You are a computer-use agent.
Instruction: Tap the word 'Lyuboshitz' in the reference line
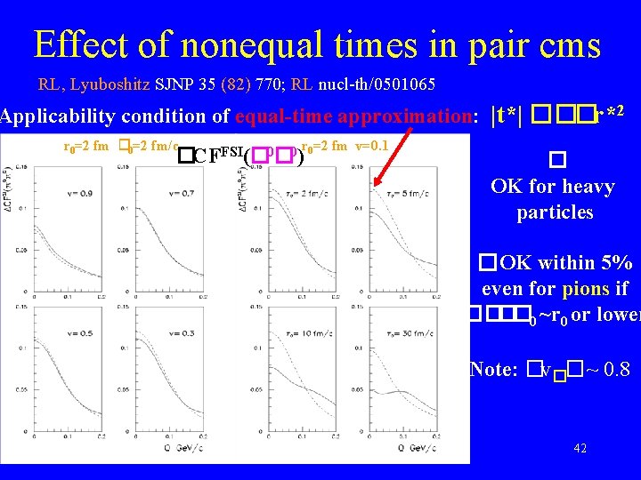[117, 85]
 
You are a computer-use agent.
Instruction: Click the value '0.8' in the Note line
[615, 368]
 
